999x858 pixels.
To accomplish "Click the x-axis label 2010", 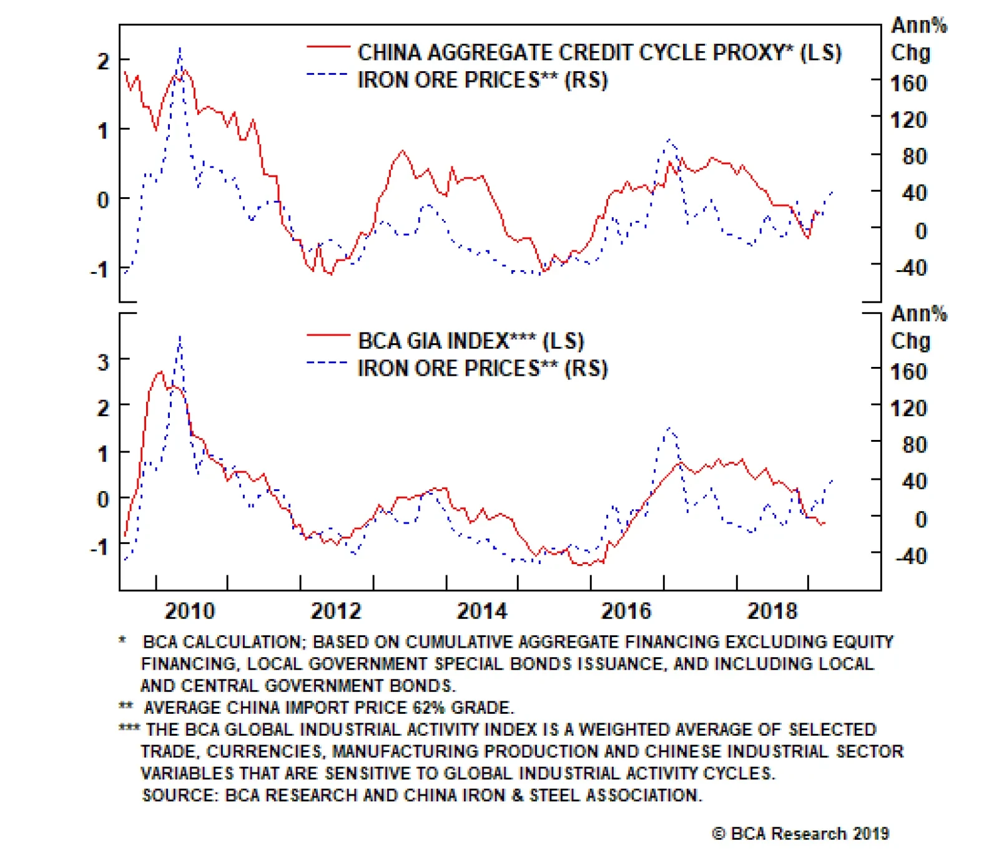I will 189,610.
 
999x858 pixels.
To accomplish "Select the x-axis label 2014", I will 481,610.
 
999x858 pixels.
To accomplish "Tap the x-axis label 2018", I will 772,610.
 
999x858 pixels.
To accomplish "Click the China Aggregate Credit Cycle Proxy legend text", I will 599,52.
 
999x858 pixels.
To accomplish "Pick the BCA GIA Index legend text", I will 470,341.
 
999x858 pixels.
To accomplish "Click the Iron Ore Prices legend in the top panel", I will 482,80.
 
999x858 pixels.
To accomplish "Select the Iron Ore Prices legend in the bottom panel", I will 482,368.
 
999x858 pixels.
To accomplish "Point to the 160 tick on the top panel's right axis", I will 908,83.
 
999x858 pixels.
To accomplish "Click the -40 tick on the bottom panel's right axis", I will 911,555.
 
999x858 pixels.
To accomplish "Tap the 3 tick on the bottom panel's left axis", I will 103,362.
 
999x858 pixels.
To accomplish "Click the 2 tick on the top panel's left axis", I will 103,61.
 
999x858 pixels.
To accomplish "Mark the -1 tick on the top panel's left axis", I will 99,270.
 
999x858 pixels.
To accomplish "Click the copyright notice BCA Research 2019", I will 800,834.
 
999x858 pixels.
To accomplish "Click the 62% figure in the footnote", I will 429,708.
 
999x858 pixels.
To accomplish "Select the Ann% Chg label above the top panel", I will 918,39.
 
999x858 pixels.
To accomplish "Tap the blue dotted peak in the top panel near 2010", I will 180,49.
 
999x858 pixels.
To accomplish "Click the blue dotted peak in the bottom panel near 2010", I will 180,337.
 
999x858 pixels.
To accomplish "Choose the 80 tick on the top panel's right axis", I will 914,156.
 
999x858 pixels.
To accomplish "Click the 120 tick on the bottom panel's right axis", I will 908,408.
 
